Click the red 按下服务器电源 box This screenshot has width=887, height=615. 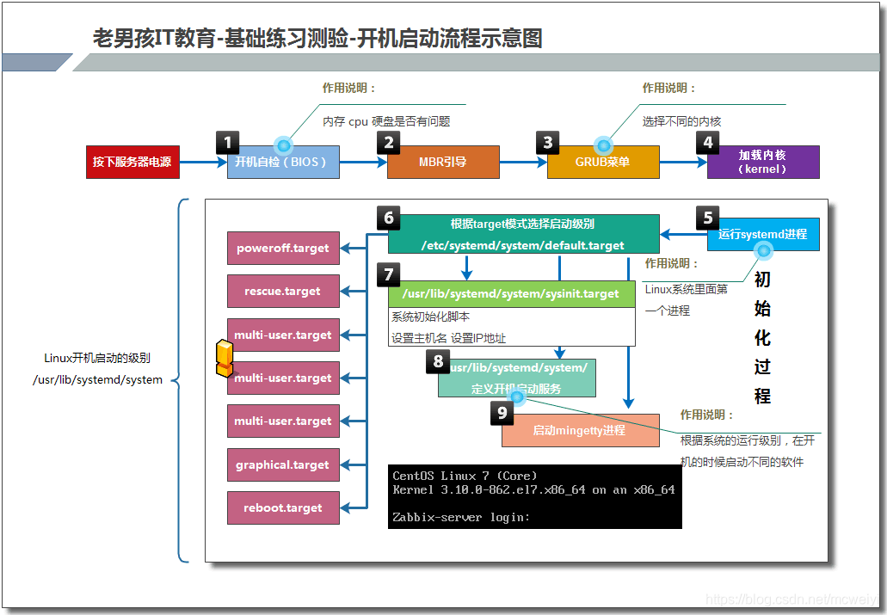[132, 162]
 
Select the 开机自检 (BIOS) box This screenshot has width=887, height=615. [283, 162]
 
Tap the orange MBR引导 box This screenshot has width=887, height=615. [443, 162]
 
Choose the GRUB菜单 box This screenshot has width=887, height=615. [603, 162]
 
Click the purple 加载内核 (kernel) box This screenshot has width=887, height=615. [763, 162]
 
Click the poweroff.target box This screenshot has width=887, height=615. [283, 248]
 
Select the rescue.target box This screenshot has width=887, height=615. [283, 291]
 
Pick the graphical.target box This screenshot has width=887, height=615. [283, 464]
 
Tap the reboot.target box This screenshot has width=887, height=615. [283, 507]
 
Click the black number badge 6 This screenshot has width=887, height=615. [388, 218]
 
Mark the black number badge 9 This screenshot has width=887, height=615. [502, 413]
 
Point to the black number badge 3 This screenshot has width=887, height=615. [548, 143]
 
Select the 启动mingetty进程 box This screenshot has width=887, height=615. [579, 430]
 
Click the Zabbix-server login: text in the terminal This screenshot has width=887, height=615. [461, 517]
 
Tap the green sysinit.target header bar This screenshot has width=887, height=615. [511, 294]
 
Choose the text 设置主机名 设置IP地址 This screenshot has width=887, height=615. [449, 338]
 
